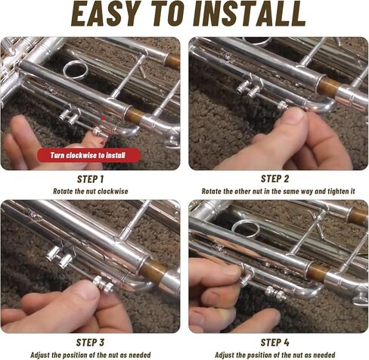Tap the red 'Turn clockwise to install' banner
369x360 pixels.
click(90, 155)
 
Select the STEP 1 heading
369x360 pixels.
click(91, 179)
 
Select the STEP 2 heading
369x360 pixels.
click(275, 178)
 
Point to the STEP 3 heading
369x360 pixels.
click(90, 342)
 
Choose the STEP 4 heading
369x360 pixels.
click(275, 342)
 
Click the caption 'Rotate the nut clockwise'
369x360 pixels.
click(91, 191)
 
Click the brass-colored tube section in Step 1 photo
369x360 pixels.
click(135, 115)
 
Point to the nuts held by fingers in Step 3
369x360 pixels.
click(104, 285)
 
